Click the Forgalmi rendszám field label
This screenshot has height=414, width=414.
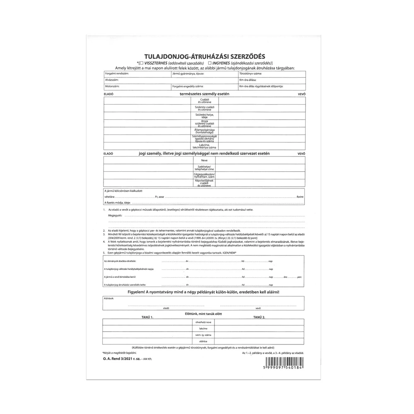pos(117,73)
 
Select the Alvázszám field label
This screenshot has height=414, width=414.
pos(112,79)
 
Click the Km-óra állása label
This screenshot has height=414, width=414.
pos(248,79)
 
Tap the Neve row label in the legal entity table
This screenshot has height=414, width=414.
pos(204,160)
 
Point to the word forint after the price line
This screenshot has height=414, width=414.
pos(301,197)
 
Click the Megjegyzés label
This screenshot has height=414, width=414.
pos(116,216)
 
